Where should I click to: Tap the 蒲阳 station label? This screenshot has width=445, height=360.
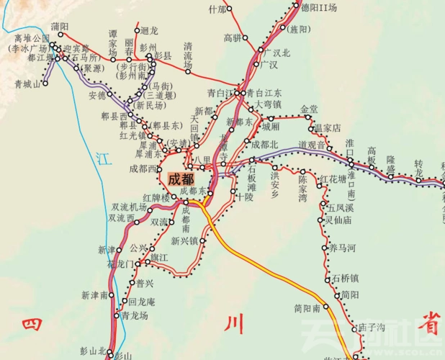pyautogui.click(x=60, y=27)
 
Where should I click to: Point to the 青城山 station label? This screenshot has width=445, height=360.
pyautogui.click(x=27, y=84)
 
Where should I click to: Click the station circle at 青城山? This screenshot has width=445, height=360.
pyautogui.click(x=45, y=84)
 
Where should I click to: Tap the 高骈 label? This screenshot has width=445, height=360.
pyautogui.click(x=232, y=37)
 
